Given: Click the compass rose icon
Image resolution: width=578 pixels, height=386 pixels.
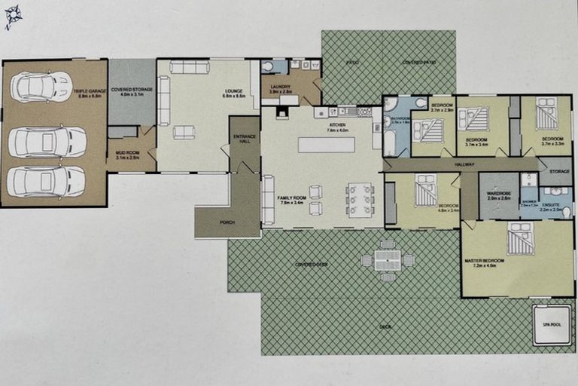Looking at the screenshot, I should coord(13,16).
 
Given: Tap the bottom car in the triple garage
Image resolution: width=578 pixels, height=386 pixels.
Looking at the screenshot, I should coord(45,181).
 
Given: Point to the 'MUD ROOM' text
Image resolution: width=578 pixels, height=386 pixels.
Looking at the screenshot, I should coord(128,154).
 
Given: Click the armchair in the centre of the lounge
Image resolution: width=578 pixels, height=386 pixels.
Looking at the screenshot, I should coord(184,133).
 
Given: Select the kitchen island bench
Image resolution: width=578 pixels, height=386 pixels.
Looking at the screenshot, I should coord(326,144).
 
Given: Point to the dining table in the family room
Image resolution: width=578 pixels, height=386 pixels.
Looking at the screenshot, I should coord(360,200).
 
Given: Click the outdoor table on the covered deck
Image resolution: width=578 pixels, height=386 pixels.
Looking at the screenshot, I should coord(388,260).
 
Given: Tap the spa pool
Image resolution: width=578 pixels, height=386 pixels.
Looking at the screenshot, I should coord(552,325).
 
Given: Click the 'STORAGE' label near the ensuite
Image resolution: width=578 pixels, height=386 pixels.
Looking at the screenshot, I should coord(559,171).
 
